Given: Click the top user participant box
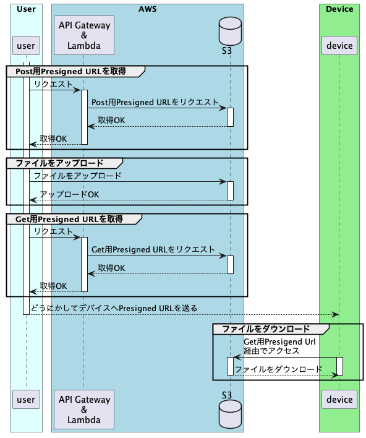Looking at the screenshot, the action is point(26,46).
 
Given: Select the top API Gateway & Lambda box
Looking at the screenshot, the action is point(84,35).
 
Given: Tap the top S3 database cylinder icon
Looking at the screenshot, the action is point(231,31).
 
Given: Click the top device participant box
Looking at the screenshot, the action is point(339,46).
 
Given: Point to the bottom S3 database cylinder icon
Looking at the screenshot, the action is point(231,414).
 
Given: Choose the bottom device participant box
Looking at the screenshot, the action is point(339,400).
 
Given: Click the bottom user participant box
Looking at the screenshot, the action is point(26,400).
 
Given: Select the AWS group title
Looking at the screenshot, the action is point(147,9).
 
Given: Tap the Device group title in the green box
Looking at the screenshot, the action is point(339,9).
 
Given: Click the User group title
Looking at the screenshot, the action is point(26,9).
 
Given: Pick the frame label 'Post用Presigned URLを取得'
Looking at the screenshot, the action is point(70,72).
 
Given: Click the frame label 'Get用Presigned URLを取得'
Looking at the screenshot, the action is point(69,219).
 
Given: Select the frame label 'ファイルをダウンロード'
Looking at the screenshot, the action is point(266,329).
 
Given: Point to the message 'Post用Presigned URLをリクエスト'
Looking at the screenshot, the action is point(155,103).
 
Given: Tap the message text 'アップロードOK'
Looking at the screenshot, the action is point(69,194).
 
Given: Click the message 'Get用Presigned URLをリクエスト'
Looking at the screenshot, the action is point(153,250).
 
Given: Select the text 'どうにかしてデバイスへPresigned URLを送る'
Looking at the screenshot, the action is point(114,308).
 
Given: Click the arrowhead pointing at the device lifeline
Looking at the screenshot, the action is point(335,315).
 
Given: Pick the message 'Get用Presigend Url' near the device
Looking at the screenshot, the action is point(279,342).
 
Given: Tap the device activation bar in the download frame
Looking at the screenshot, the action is point(339,366).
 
